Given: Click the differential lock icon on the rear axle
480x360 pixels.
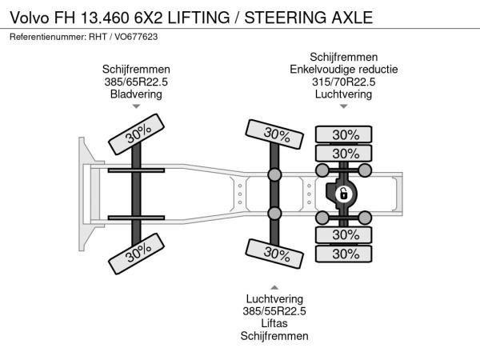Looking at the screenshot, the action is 343,194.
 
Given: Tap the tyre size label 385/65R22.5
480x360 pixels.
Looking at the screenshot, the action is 136,82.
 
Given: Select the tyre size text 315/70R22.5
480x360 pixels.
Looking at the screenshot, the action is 343,82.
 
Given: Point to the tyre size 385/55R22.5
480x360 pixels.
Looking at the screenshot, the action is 274,311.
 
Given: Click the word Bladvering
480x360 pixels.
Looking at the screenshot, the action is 136,94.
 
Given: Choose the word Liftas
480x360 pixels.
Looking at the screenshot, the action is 274,323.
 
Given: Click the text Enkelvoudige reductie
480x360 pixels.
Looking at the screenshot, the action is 343,69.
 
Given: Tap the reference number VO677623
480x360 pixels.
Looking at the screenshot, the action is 136,37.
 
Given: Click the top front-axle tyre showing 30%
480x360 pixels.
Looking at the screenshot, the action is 136,134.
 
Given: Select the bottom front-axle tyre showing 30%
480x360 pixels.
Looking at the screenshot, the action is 136,254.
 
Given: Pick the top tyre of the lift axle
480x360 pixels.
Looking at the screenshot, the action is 274,134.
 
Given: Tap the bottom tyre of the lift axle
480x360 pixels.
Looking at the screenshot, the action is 274,254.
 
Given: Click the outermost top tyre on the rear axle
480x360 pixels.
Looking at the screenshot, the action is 343,134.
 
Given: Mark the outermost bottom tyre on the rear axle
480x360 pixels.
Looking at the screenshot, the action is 343,254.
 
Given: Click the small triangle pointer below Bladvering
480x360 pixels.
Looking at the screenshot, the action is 136,106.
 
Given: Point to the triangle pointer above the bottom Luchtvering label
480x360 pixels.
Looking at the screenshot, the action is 274,287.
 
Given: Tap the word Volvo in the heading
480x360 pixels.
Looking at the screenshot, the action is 30,18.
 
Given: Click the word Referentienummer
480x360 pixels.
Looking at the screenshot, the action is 48,37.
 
